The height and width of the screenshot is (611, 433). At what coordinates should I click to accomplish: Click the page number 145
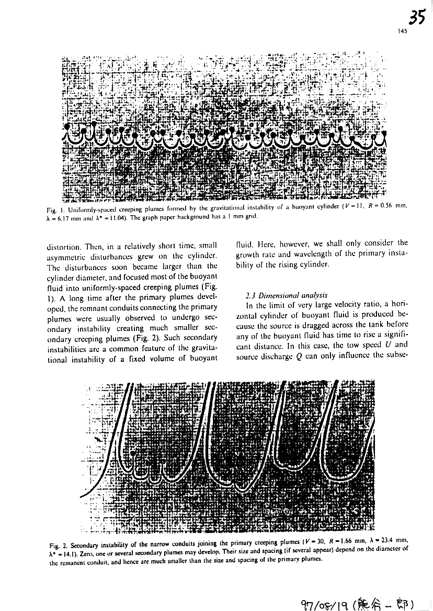coord(402,31)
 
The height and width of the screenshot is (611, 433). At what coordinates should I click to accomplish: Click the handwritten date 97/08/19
coord(327,601)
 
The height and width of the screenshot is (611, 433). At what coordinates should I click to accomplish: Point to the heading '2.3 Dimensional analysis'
coord(272,295)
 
